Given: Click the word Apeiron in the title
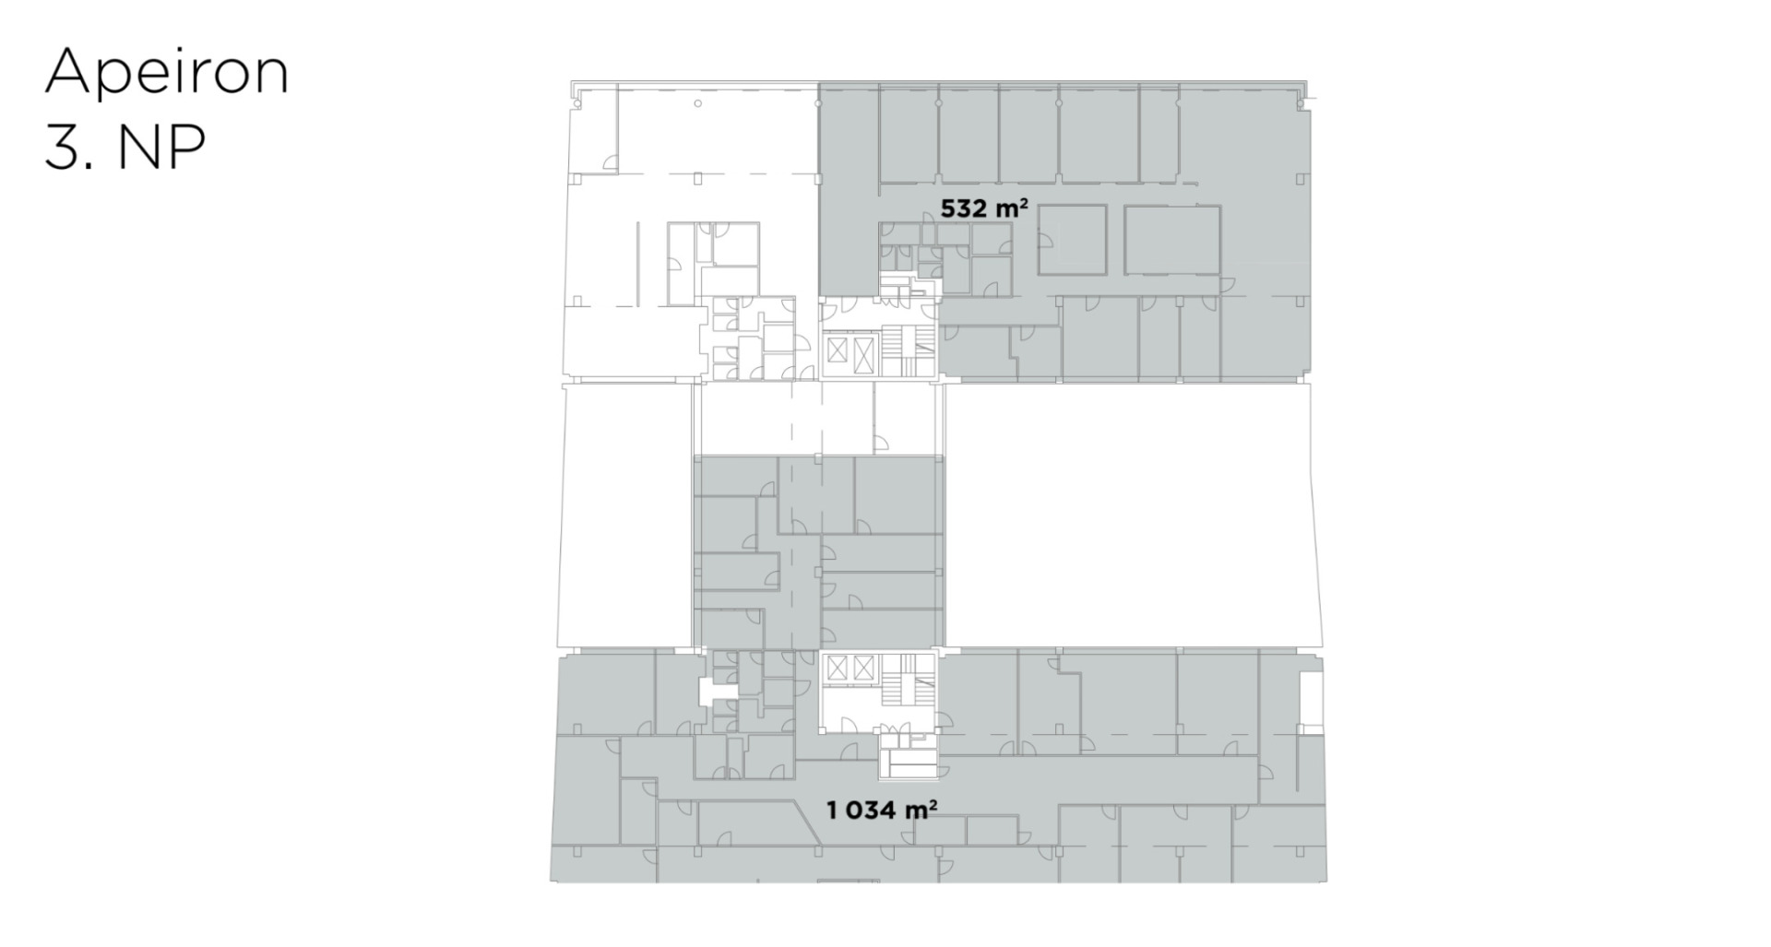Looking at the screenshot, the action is coord(167,73).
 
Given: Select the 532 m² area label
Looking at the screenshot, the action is coord(984,208).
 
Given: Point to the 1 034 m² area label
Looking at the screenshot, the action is coord(882,811).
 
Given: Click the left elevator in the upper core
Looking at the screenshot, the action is coord(837,351).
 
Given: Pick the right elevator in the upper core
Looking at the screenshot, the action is coord(863,351).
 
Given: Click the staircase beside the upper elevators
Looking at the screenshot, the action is coord(898,350).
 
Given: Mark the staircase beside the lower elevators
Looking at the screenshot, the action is coord(898,681).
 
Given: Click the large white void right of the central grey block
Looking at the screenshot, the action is coord(1133,515).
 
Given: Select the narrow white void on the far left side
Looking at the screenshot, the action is coord(625,515).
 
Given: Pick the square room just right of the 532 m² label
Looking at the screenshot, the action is coord(1073,240).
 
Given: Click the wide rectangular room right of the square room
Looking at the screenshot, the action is coord(1172,240).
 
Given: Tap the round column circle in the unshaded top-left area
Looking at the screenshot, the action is coord(697,103).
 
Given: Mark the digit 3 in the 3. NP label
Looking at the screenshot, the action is coord(62,147).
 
